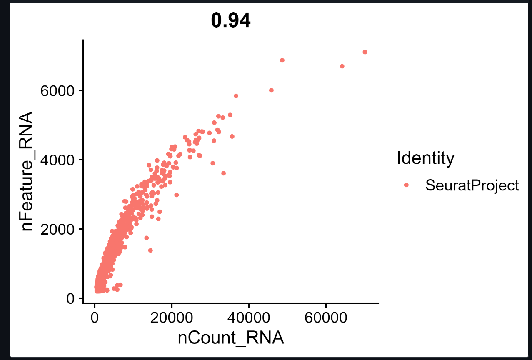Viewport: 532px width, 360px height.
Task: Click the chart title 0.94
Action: click(x=231, y=21)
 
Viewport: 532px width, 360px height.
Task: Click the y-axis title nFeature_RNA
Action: click(x=27, y=172)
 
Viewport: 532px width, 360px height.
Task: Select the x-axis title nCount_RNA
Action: click(x=231, y=337)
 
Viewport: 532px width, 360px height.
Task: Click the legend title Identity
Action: click(x=425, y=158)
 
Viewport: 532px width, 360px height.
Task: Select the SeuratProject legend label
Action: click(x=472, y=185)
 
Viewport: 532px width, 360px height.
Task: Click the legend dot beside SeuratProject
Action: click(x=407, y=185)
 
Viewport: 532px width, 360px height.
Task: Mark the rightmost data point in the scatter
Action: click(x=365, y=52)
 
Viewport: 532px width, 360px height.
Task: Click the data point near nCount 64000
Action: click(x=342, y=66)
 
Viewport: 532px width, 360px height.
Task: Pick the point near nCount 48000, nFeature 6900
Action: click(x=282, y=60)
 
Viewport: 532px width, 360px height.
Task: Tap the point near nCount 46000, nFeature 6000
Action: click(x=271, y=90)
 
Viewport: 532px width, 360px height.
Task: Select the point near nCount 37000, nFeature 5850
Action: click(x=236, y=96)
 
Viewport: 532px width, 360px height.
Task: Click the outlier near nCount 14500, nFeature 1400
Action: click(x=150, y=250)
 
